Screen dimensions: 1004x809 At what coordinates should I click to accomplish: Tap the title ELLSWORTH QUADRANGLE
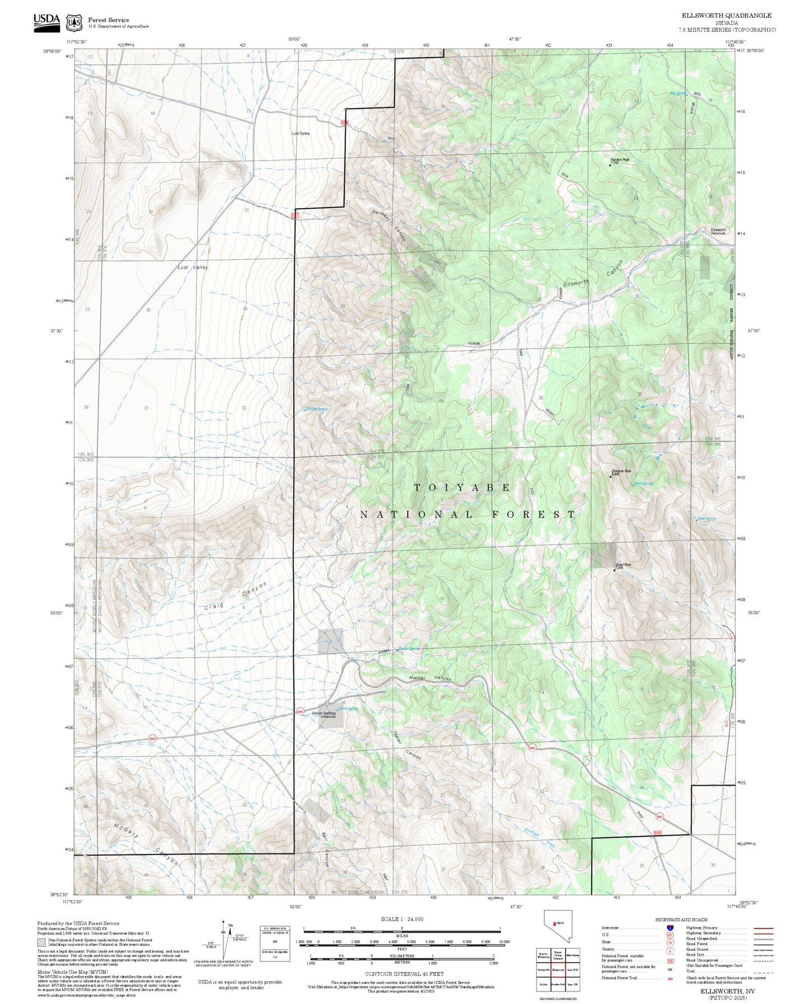726,16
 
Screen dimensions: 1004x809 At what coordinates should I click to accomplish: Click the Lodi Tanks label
300,133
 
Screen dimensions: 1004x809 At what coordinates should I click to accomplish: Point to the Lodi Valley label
193,268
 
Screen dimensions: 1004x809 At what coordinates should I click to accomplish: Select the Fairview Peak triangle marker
610,165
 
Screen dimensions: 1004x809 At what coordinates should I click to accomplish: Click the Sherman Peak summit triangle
610,476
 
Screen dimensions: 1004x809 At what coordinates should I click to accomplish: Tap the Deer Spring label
707,519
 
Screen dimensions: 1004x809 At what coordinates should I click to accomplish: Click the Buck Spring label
644,484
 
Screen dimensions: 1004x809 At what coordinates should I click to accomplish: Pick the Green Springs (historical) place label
324,714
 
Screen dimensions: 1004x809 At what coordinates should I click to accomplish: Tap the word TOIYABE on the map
462,487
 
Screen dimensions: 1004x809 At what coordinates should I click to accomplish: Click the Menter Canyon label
429,678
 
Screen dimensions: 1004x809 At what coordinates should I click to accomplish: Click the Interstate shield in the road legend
670,928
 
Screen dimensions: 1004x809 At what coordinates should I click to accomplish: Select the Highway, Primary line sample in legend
763,928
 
